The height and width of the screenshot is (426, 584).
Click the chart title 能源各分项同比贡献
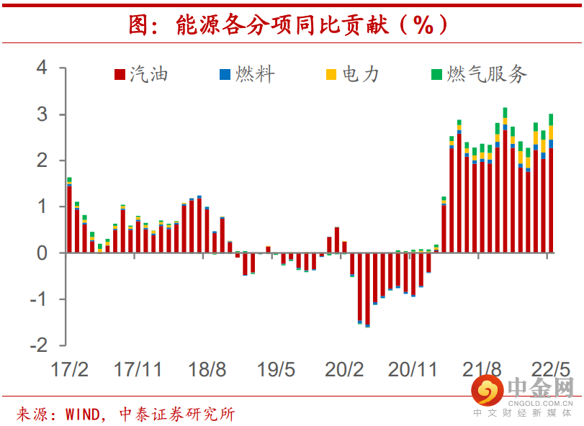(288, 26)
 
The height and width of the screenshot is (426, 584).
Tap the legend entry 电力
(360, 74)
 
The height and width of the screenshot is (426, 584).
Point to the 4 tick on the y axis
(42, 68)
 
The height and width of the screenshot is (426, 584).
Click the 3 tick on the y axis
(42, 114)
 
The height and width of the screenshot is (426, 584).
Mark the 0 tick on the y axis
(42, 253)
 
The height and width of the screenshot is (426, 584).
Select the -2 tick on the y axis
(37, 345)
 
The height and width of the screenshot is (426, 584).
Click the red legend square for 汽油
(120, 75)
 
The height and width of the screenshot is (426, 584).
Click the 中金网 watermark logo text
(539, 389)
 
